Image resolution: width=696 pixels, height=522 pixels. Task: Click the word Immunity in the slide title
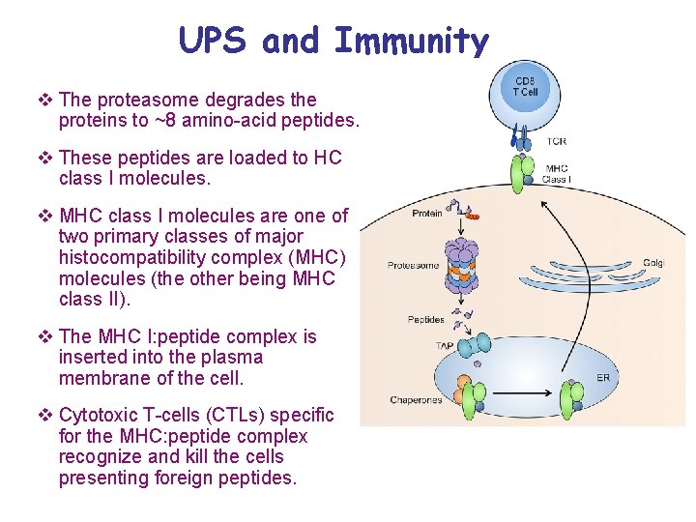pos(412,42)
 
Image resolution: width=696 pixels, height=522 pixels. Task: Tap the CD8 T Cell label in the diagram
pos(525,86)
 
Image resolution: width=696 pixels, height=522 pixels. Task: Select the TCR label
pos(556,141)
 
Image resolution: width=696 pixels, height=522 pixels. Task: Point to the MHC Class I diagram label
pos(556,174)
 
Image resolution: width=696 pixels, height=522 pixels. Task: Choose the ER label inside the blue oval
pos(603,377)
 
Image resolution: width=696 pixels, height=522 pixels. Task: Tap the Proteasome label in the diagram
pos(413,265)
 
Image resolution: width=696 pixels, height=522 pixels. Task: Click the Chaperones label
pos(416,400)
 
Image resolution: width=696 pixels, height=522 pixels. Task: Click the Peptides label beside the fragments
pos(425,319)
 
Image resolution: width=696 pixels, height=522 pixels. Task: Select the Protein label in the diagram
pos(427,214)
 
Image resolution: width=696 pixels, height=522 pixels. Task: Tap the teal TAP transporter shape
pos(473,346)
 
